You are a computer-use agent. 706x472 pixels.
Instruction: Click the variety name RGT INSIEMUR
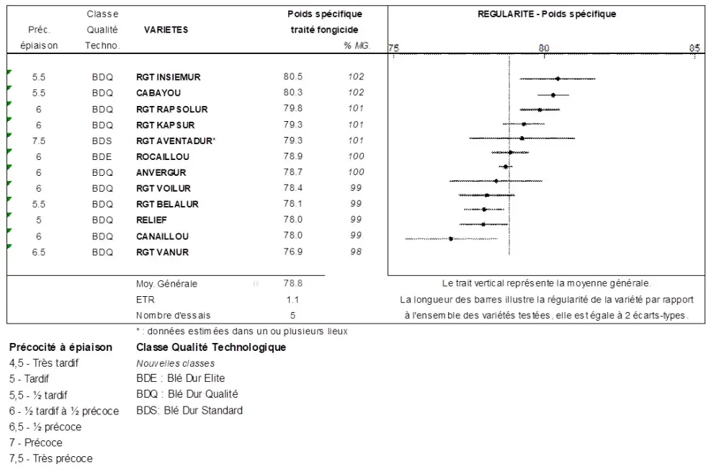coord(168,77)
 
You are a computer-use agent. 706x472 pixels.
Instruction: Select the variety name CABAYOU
coord(158,93)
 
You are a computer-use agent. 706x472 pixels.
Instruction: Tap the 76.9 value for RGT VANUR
coord(292,252)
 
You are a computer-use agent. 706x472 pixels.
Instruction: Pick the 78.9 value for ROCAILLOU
coord(292,156)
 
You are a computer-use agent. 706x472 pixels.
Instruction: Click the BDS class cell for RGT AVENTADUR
coord(102,141)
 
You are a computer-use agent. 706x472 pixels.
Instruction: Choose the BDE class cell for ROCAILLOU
coord(102,156)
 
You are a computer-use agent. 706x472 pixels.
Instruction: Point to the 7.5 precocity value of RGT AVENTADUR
coord(39,141)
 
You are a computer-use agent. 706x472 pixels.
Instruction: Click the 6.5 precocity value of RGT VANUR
coord(39,252)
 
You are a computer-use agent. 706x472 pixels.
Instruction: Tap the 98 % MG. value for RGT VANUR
coord(356,252)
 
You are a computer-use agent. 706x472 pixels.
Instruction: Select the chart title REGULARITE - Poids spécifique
coord(547,14)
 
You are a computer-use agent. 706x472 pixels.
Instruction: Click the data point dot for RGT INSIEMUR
coord(558,79)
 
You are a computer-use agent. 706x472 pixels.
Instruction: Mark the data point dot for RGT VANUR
coord(451,239)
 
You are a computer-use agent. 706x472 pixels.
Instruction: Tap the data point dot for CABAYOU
coord(553,94)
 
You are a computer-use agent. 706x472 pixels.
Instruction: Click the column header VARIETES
coord(166,30)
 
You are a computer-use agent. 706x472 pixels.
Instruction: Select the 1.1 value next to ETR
coord(292,300)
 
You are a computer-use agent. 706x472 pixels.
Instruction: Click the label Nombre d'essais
coord(173,316)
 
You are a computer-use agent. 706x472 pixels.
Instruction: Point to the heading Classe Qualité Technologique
coord(211,347)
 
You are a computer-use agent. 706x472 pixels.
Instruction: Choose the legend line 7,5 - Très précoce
coord(50,458)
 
